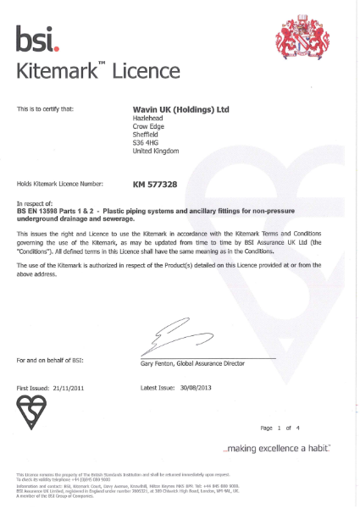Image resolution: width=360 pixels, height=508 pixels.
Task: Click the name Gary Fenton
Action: [x=158, y=362]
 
